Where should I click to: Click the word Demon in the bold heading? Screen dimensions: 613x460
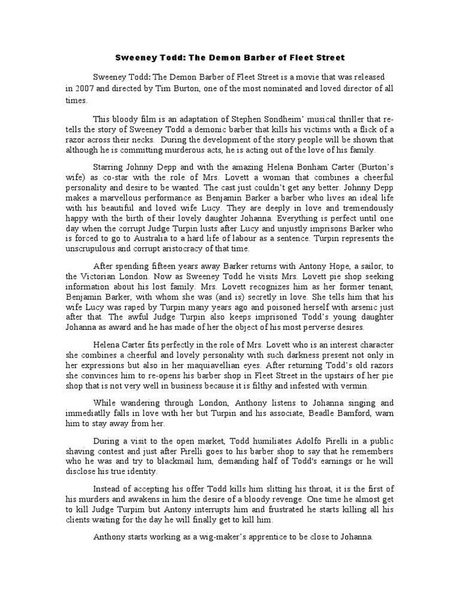coord(203,58)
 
